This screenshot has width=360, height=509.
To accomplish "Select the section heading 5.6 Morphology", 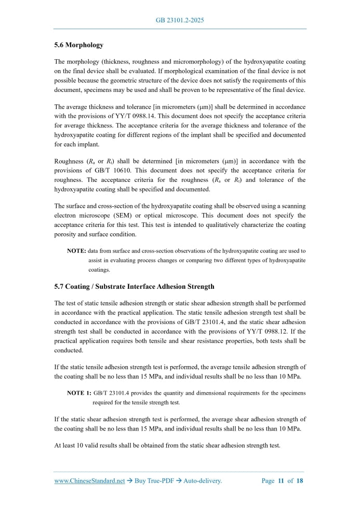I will click(x=78, y=45).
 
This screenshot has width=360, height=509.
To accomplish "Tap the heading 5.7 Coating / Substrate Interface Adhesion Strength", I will click(x=134, y=286).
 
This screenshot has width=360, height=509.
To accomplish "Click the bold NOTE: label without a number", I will click(x=76, y=251).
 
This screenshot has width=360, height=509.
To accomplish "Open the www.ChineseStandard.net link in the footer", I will click(x=89, y=481).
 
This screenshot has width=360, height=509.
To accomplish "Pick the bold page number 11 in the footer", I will click(x=281, y=481).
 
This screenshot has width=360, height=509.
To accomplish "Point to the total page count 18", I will click(x=299, y=481).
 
